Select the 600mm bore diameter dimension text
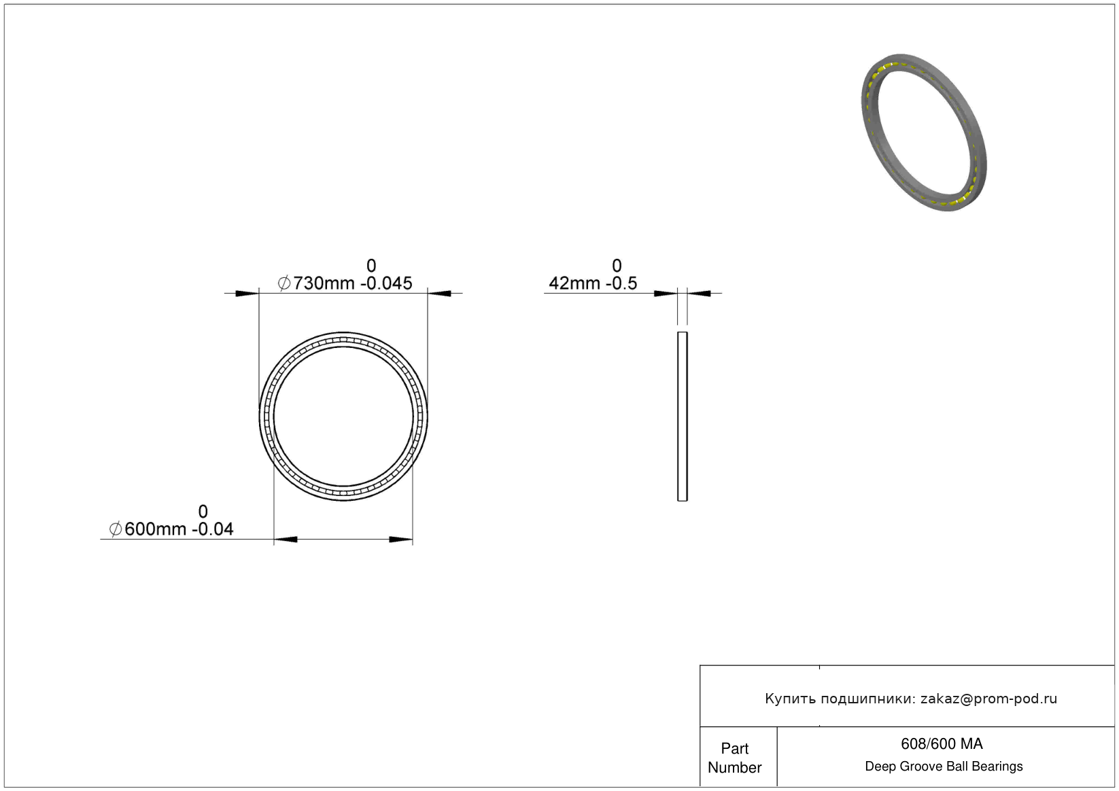[155, 529]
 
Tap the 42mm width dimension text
[574, 283]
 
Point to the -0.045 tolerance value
[387, 283]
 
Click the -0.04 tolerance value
[213, 529]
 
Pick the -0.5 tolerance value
[621, 283]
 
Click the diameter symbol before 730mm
[283, 283]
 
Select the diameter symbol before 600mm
[116, 529]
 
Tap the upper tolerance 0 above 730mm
[371, 265]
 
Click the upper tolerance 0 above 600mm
[203, 511]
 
